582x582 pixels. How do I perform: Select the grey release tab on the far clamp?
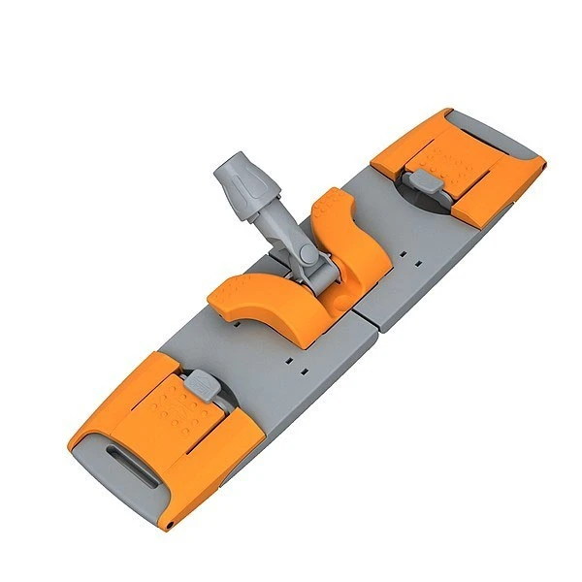point(420,180)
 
